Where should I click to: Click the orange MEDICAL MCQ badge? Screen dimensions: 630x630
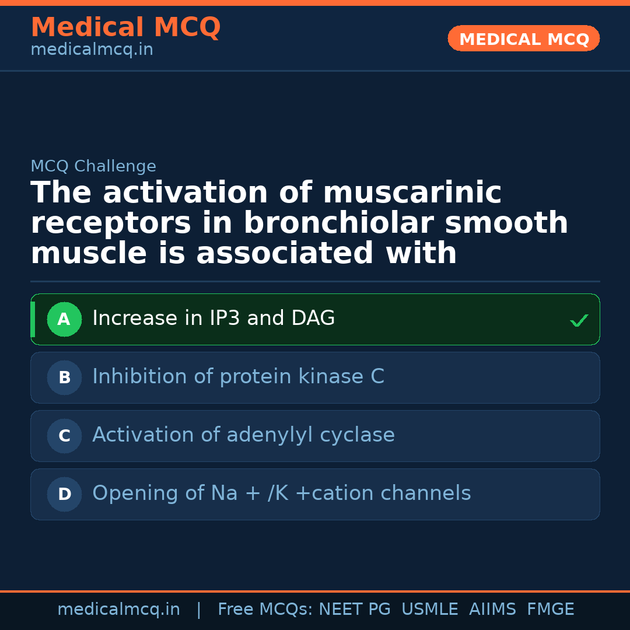pos(523,38)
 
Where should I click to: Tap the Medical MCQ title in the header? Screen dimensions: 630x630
pos(125,27)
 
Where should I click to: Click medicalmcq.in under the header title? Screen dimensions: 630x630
pos(92,50)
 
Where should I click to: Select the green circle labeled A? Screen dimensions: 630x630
pos(64,319)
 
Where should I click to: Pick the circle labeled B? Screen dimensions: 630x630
pos(64,377)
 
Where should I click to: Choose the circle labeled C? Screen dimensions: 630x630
pos(64,436)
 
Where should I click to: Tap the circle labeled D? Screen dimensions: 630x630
pos(64,494)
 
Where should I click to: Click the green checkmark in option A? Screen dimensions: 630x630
pos(579,320)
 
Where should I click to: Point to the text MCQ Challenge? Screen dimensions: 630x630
pos(93,166)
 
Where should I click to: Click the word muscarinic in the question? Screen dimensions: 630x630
pos(412,193)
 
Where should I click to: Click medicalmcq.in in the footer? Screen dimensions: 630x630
pos(118,610)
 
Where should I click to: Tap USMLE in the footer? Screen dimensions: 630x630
pos(429,610)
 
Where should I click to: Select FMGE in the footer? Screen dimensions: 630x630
pos(550,610)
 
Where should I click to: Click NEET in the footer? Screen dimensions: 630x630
pos(340,610)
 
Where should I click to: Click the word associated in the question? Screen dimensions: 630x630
pos(285,254)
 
